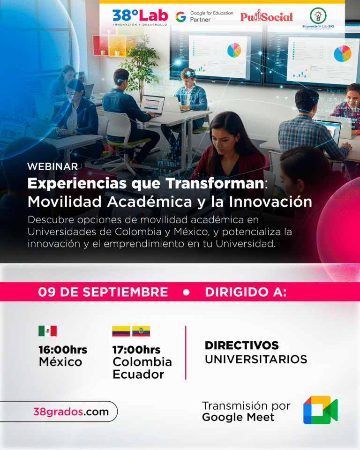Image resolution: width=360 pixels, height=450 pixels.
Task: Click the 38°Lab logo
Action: (x=140, y=17)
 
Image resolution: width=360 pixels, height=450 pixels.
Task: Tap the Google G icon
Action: (x=180, y=17)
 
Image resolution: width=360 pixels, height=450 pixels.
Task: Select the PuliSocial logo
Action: (x=266, y=17)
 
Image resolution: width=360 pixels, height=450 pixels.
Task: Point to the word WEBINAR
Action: (x=52, y=166)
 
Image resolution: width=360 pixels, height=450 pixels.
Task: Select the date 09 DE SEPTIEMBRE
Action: (x=103, y=292)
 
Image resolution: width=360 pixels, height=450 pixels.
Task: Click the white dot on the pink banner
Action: (x=186, y=292)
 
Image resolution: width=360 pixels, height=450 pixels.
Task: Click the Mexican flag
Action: (x=47, y=331)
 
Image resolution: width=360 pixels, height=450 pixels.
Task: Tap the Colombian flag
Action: (x=121, y=331)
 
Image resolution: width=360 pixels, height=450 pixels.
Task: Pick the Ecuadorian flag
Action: (x=141, y=331)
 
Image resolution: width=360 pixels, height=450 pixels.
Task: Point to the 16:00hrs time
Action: (x=63, y=350)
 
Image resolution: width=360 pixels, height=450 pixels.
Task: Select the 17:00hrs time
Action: (x=136, y=350)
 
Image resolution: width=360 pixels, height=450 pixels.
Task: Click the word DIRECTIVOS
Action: (x=242, y=346)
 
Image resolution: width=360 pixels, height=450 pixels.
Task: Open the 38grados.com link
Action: (x=71, y=412)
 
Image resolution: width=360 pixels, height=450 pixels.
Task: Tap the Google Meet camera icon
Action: (x=320, y=410)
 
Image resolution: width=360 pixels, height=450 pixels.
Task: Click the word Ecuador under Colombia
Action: (x=138, y=375)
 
